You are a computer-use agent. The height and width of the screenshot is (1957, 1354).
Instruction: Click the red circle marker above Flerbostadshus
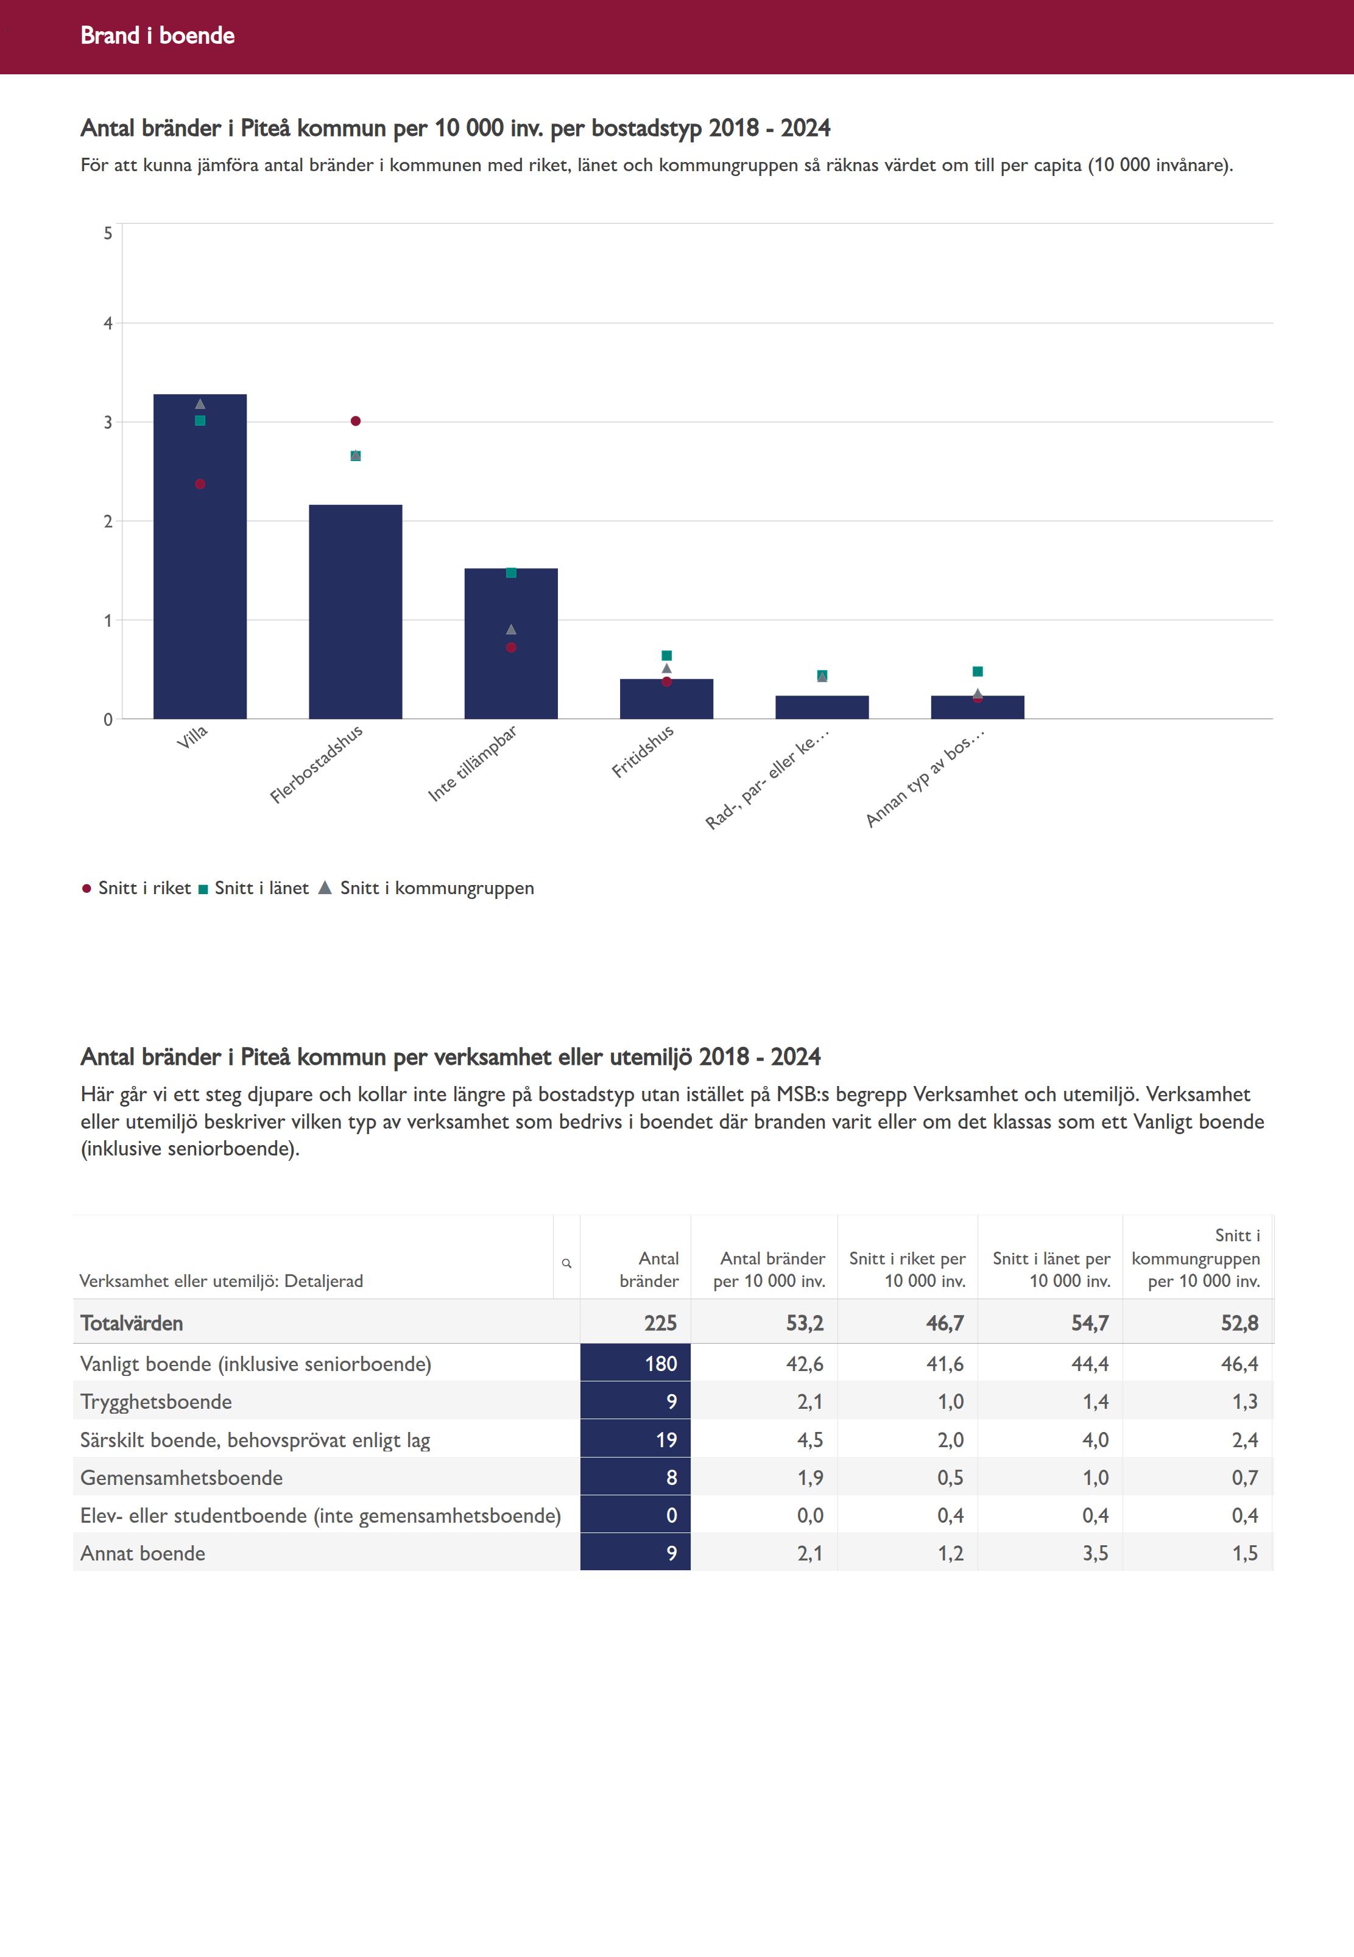click(x=356, y=421)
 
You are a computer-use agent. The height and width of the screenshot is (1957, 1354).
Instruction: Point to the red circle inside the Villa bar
click(x=200, y=484)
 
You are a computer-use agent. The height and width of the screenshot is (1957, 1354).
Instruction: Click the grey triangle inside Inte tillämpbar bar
click(x=510, y=629)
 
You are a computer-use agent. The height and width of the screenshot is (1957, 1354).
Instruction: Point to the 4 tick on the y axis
click(x=108, y=323)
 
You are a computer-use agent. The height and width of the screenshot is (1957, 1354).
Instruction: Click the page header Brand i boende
click(x=158, y=35)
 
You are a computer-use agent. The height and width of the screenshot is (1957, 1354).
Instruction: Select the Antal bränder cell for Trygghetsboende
click(x=635, y=1402)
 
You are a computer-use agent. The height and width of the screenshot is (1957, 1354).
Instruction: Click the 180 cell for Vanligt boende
click(x=635, y=1363)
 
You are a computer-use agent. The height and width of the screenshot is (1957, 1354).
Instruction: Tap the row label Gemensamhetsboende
click(x=182, y=1478)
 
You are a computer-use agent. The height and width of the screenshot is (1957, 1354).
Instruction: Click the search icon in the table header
click(x=566, y=1264)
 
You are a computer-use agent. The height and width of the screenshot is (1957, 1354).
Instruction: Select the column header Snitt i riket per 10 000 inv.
click(x=907, y=1269)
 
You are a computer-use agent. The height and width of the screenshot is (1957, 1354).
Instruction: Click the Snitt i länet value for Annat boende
click(x=1095, y=1553)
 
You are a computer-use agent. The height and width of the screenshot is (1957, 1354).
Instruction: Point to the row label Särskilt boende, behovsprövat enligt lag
click(x=255, y=1439)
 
